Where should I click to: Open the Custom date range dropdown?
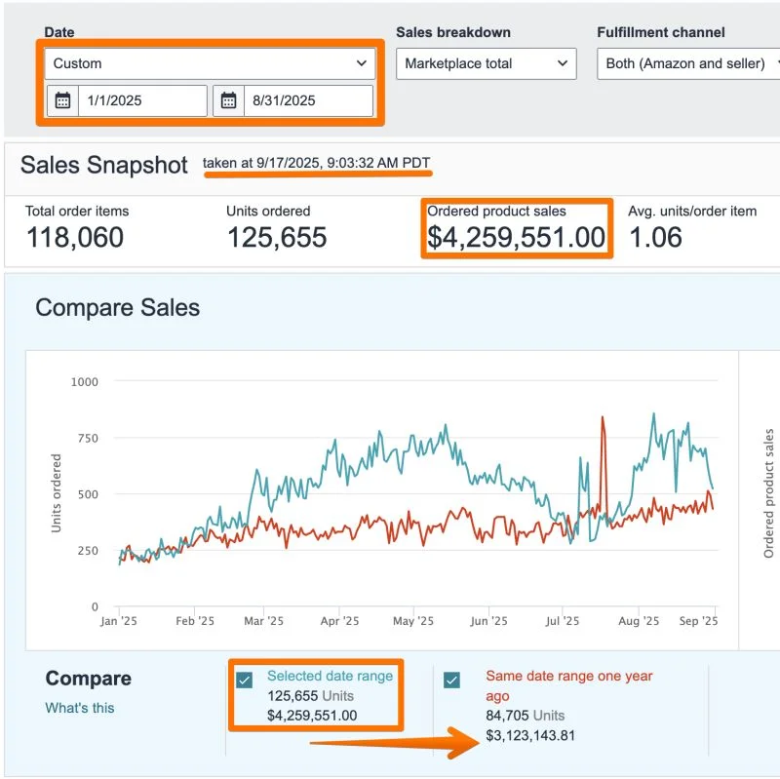(210, 63)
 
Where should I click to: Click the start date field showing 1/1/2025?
(141, 100)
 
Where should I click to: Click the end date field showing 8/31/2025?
(307, 100)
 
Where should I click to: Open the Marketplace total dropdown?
(485, 63)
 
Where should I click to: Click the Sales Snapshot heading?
(103, 165)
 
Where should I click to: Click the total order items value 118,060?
(75, 237)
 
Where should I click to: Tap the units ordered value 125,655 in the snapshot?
(277, 237)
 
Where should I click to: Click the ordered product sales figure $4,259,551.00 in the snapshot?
(516, 237)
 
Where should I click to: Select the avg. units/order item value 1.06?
(655, 237)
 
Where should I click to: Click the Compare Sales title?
(117, 308)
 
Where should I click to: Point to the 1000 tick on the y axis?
(85, 381)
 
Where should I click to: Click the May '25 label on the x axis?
(412, 621)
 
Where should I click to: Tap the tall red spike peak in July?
(603, 418)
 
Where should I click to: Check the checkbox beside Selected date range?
(245, 680)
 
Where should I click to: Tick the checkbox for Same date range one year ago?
(451, 680)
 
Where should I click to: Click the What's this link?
(80, 708)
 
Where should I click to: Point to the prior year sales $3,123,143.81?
(530, 735)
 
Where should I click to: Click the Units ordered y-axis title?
(58, 493)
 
